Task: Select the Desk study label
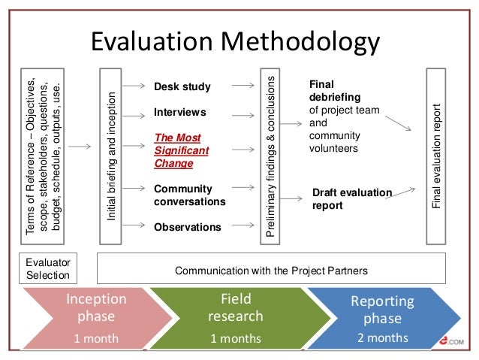tap(182, 87)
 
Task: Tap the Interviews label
tap(179, 112)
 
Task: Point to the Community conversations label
tap(189, 195)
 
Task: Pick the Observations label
tap(187, 226)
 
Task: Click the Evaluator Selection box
tap(47, 268)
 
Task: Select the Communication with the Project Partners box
tap(272, 268)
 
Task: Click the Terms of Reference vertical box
tap(41, 156)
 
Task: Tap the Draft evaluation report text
tap(351, 199)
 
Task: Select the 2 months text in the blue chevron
tap(383, 337)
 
